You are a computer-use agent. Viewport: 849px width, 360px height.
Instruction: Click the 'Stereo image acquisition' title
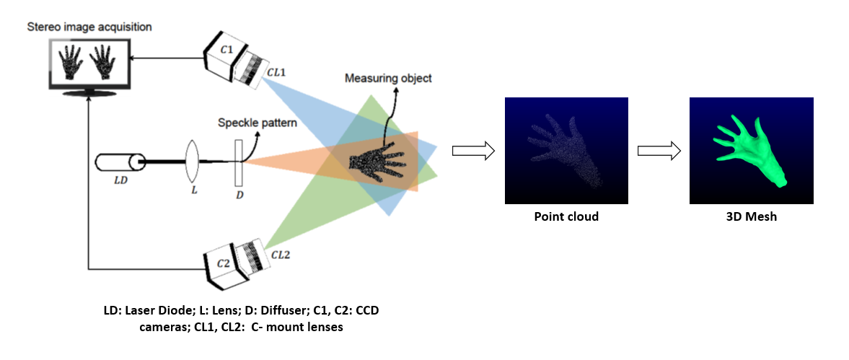click(x=89, y=27)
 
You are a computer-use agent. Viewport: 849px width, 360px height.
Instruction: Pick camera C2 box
click(x=225, y=265)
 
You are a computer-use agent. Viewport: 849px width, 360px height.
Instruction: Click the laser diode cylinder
click(x=118, y=161)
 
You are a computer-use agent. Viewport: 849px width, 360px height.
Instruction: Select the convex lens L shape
click(x=192, y=161)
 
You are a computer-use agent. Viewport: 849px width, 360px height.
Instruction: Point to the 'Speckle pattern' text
click(x=258, y=123)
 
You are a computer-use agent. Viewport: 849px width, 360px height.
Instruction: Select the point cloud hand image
click(x=566, y=151)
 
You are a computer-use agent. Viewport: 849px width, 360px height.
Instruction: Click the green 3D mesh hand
click(x=750, y=151)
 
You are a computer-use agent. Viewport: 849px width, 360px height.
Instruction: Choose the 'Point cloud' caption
click(x=566, y=216)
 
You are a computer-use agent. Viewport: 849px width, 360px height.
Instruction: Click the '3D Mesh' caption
click(x=752, y=216)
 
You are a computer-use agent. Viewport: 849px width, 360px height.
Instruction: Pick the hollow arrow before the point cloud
click(x=472, y=151)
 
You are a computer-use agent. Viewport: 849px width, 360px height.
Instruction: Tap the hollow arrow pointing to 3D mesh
click(x=659, y=151)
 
